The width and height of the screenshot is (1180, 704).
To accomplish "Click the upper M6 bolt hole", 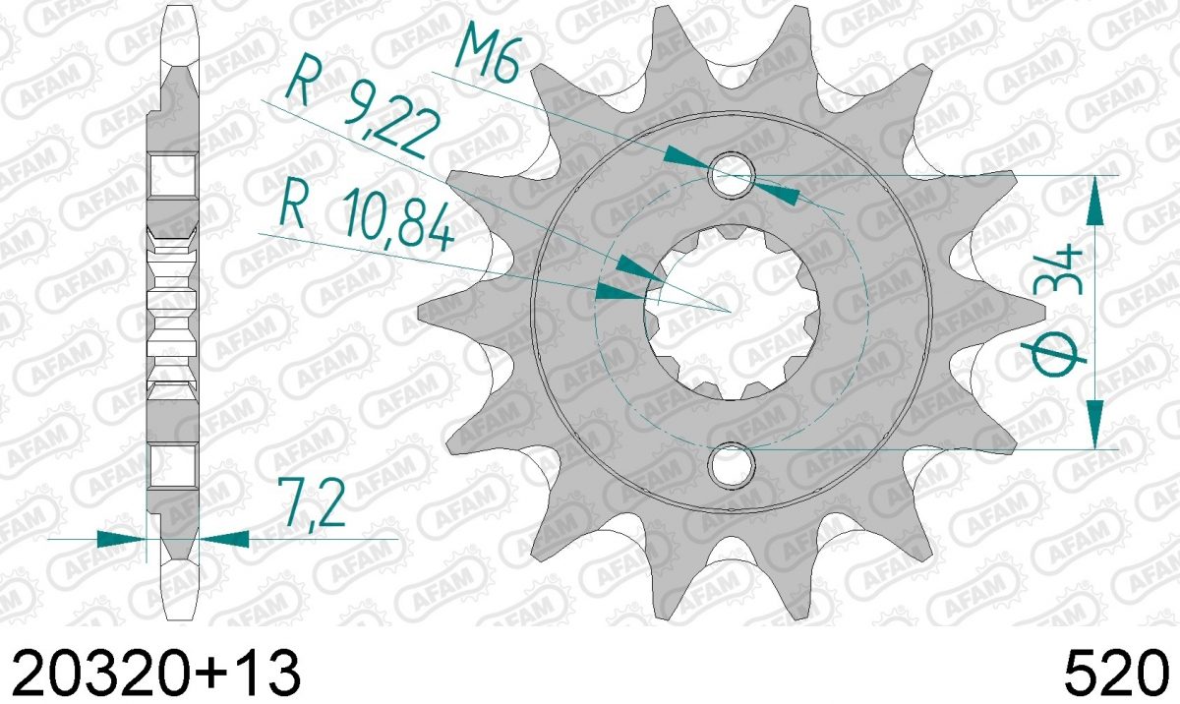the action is (x=732, y=175).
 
